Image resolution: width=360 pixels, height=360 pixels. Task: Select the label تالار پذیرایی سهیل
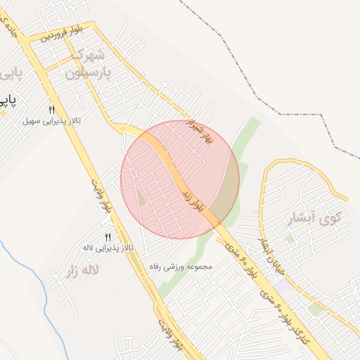(52, 121)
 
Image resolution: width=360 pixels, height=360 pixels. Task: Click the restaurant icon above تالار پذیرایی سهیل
(51, 110)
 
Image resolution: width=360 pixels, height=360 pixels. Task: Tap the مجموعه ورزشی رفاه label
(180, 266)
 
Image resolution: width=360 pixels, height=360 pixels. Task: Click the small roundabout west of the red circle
(123, 129)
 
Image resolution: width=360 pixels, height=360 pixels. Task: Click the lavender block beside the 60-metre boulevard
(283, 287)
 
